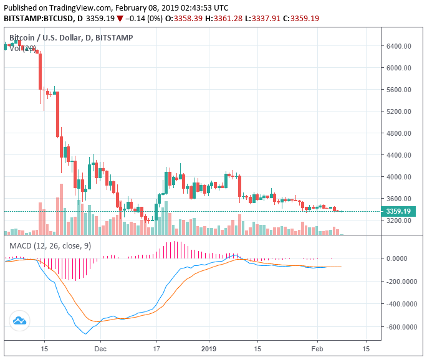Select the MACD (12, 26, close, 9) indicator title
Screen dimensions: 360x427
point(50,246)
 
